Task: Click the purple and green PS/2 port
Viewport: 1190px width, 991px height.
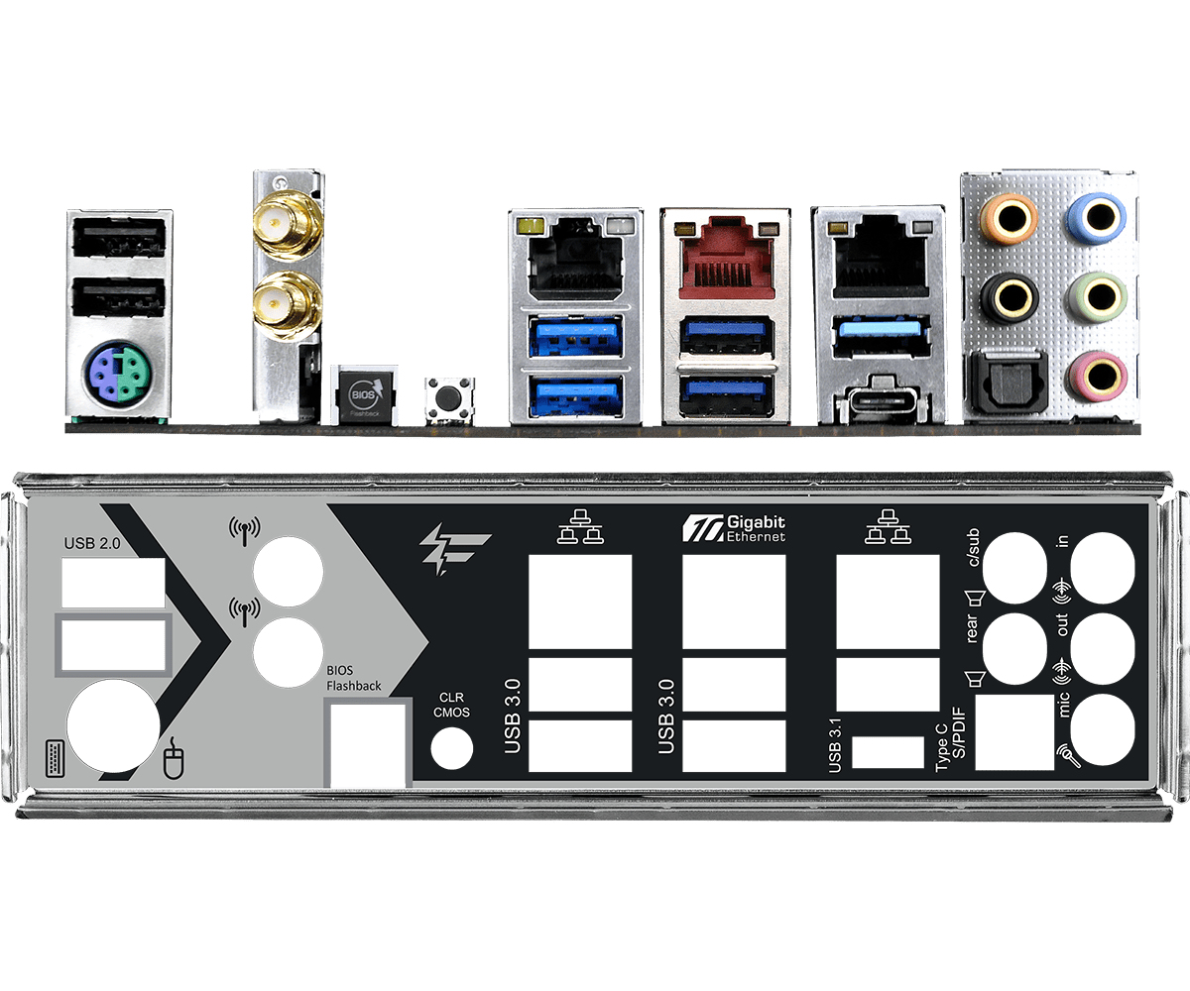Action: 118,372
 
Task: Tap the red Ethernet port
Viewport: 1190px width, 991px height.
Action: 726,258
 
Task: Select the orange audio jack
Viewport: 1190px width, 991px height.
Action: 1009,218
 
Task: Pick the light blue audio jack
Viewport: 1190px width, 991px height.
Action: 1097,218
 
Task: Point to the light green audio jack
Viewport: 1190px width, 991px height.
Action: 1097,296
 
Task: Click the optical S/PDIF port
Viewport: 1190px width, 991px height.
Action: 1009,381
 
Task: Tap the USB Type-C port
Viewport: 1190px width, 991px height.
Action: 880,401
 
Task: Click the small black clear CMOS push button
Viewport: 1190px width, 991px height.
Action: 448,397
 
